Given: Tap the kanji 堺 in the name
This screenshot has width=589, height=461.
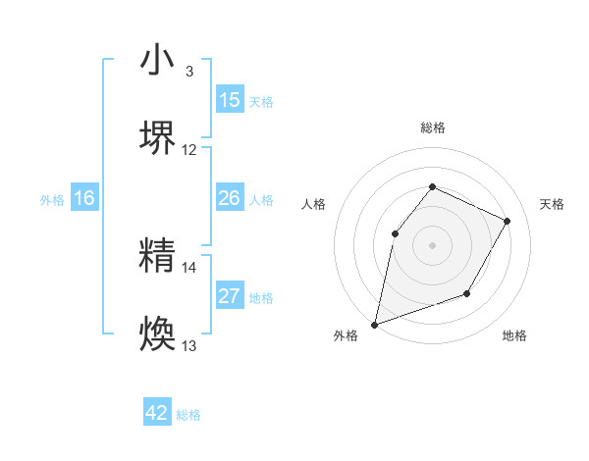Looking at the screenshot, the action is tap(157, 136).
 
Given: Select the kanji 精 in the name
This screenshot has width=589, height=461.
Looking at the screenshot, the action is tap(157, 256).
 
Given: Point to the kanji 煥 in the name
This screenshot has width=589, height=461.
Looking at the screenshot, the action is tap(157, 333).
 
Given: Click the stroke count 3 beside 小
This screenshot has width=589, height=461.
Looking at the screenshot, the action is tap(189, 72).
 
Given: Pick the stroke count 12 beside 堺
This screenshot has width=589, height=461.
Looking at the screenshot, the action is tap(189, 149).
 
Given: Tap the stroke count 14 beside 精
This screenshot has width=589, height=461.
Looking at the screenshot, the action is tap(189, 267).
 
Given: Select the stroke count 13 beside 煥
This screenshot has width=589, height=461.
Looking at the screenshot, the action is tap(189, 345).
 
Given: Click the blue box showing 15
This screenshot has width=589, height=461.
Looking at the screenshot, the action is tap(229, 100).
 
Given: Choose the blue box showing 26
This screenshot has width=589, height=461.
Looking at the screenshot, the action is tap(229, 198).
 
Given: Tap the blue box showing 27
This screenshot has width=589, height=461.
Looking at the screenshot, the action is tap(229, 296).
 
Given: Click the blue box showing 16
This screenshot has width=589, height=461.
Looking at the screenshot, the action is tap(84, 198).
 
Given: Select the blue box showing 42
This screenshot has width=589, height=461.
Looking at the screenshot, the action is tap(157, 413).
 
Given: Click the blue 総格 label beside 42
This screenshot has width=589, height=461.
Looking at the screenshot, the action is tap(188, 415).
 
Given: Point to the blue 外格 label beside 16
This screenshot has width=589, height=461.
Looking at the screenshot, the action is tap(52, 200).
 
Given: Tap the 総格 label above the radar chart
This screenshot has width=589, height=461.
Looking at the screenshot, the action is tap(432, 128).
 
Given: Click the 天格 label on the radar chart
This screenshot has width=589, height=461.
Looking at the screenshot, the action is tap(552, 204).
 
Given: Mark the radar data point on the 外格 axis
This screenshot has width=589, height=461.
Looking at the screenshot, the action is tap(374, 325).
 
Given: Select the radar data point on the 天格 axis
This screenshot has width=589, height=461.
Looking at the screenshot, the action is tap(507, 221).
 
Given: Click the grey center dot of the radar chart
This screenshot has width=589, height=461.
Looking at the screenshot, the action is tap(432, 245).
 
